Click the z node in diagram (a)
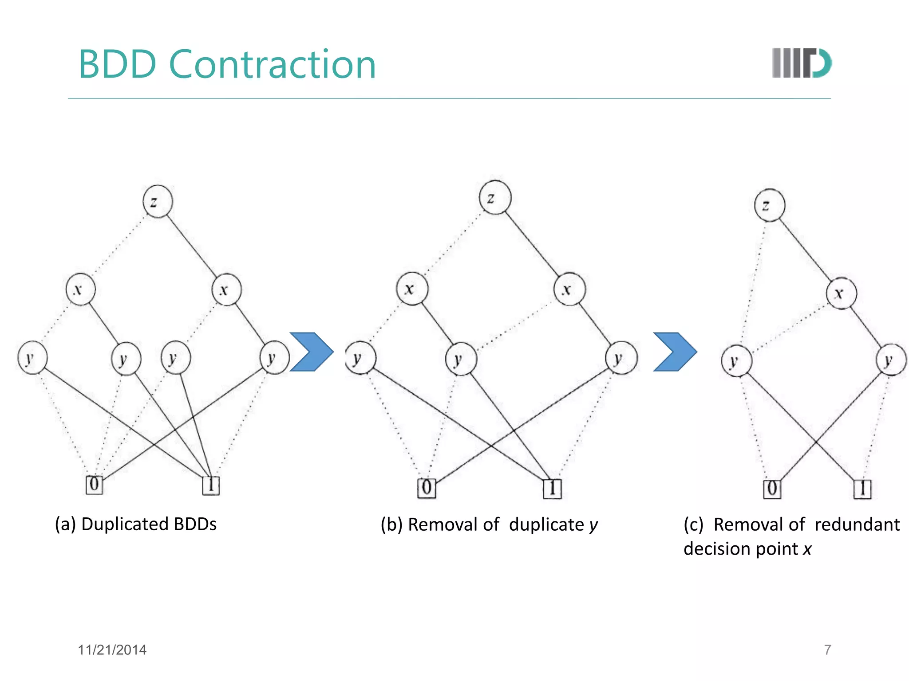point(158,202)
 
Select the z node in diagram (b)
point(495,198)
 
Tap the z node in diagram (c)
point(770,205)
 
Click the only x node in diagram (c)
point(841,293)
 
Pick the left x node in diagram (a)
point(80,290)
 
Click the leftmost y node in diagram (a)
point(32,358)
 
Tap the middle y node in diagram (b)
point(461,359)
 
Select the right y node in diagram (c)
point(891,360)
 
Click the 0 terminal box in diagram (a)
point(94,484)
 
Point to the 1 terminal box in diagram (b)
point(552,489)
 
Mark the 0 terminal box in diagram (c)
point(772,489)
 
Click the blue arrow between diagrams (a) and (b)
point(312,352)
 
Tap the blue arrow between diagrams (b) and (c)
point(675,352)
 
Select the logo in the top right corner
point(802,63)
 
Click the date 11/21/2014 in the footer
point(112,650)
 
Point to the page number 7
point(827,650)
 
